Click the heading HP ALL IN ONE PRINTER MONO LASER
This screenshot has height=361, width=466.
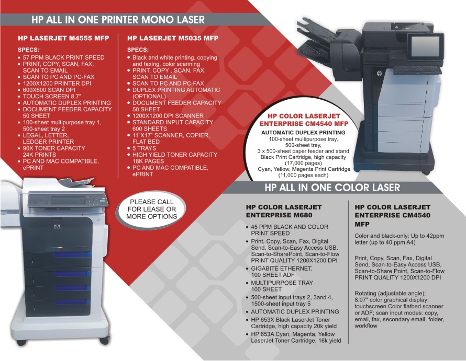pyautogui.click(x=118, y=19)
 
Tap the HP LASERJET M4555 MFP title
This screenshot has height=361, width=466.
pyautogui.click(x=63, y=38)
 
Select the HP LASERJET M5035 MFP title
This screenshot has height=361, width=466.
pyautogui.click(x=173, y=38)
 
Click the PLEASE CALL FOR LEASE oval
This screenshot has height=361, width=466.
pyautogui.click(x=151, y=209)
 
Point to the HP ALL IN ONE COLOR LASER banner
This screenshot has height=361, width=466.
pyautogui.click(x=332, y=188)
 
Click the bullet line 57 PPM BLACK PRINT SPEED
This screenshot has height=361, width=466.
pyautogui.click(x=63, y=57)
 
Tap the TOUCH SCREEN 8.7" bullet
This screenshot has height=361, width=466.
pyautogui.click(x=52, y=97)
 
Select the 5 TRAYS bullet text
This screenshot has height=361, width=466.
pyautogui.click(x=144, y=148)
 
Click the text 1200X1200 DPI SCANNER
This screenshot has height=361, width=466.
pyautogui.click(x=168, y=115)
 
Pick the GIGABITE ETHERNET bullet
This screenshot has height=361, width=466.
pyautogui.click(x=282, y=269)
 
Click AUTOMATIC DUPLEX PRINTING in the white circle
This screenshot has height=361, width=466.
pyautogui.click(x=303, y=133)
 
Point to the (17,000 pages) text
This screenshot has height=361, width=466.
pyautogui.click(x=303, y=163)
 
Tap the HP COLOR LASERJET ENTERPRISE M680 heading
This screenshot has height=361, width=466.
pyautogui.click(x=284, y=211)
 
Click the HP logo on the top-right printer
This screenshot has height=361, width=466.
pyautogui.click(x=380, y=73)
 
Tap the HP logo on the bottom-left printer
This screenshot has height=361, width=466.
pyautogui.click(x=57, y=227)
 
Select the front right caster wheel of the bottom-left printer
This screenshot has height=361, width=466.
pyautogui.click(x=104, y=340)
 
